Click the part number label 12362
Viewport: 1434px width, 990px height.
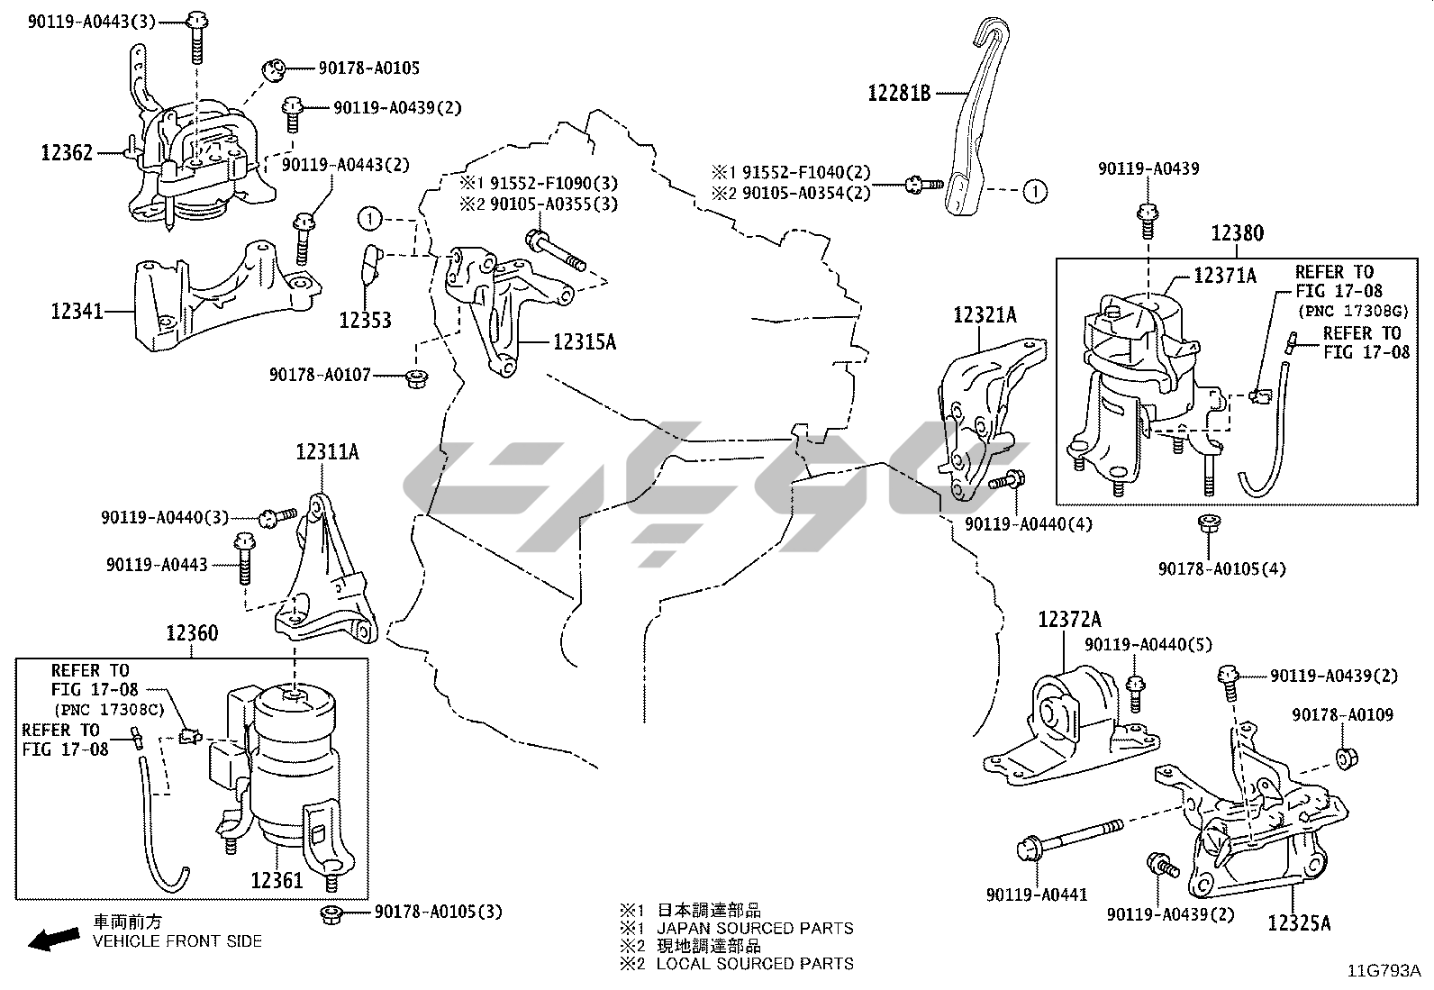click(x=67, y=152)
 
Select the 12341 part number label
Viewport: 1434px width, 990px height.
click(x=77, y=312)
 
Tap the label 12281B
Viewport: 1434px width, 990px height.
click(x=899, y=92)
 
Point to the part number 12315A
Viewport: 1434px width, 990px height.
click(x=585, y=341)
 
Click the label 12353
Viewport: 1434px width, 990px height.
click(x=366, y=320)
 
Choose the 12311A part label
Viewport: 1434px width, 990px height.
click(x=327, y=452)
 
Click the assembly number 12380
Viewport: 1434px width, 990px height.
click(x=1237, y=234)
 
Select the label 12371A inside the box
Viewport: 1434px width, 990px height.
click(x=1225, y=276)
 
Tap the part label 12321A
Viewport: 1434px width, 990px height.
click(x=985, y=315)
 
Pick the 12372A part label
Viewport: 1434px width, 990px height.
click(x=1069, y=620)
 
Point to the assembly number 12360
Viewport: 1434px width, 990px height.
click(x=192, y=633)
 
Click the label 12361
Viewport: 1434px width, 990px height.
click(x=277, y=880)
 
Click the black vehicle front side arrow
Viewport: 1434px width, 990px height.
click(x=52, y=940)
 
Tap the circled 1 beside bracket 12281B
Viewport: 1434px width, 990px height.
click(x=1035, y=191)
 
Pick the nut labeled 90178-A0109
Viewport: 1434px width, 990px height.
click(x=1346, y=758)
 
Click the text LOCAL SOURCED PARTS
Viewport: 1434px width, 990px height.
click(x=754, y=963)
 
